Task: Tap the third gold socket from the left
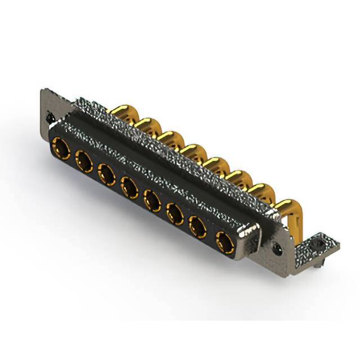pyautogui.click(x=106, y=174)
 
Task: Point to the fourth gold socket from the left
pyautogui.click(x=129, y=186)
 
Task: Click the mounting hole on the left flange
pyautogui.click(x=50, y=119)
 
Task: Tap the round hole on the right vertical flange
pyautogui.click(x=276, y=247)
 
